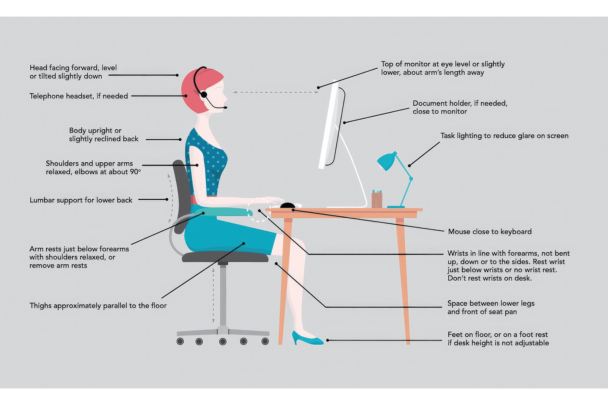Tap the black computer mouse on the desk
(x=288, y=206)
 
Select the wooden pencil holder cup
(x=377, y=200)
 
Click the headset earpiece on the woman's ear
(x=204, y=95)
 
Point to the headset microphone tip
(x=225, y=108)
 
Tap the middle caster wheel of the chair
(x=223, y=341)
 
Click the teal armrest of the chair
(x=224, y=212)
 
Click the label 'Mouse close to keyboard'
(x=490, y=232)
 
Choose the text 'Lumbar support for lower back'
(x=81, y=200)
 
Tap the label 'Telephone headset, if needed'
(x=79, y=96)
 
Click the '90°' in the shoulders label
(x=135, y=172)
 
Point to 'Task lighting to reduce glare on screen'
(x=504, y=136)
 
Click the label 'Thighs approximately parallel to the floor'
(x=98, y=306)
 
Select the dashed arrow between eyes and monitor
(x=276, y=92)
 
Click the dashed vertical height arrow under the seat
(x=213, y=296)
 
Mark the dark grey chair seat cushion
(x=225, y=257)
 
